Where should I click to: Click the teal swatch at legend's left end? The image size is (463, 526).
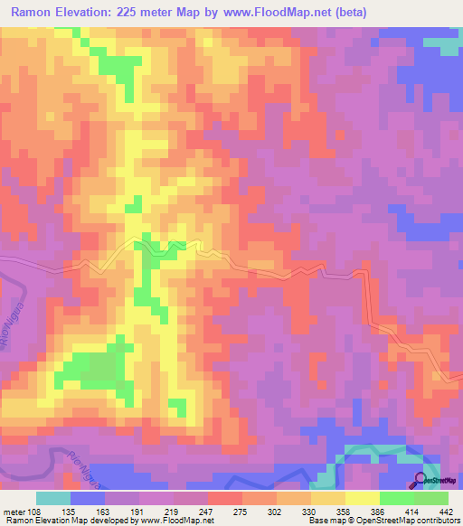[x=52, y=498]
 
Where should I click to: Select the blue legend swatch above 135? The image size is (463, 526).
[x=87, y=498]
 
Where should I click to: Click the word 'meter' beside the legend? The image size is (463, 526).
[x=16, y=511]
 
